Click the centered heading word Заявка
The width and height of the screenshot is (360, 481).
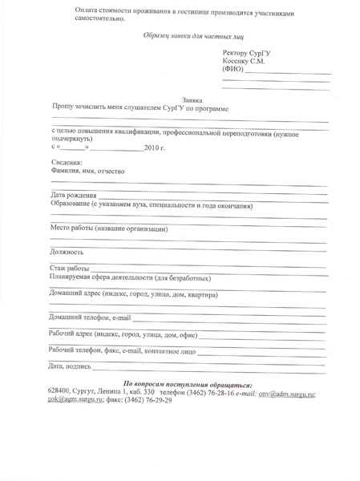(x=192, y=99)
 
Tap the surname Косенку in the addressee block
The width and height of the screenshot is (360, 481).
(x=237, y=61)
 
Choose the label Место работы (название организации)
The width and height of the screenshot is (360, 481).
(x=108, y=229)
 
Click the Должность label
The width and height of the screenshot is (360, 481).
(x=68, y=252)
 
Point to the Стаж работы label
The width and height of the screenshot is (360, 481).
(x=69, y=268)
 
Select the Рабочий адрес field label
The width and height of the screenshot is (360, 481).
(x=122, y=334)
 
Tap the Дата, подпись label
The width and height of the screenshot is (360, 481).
(x=70, y=366)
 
